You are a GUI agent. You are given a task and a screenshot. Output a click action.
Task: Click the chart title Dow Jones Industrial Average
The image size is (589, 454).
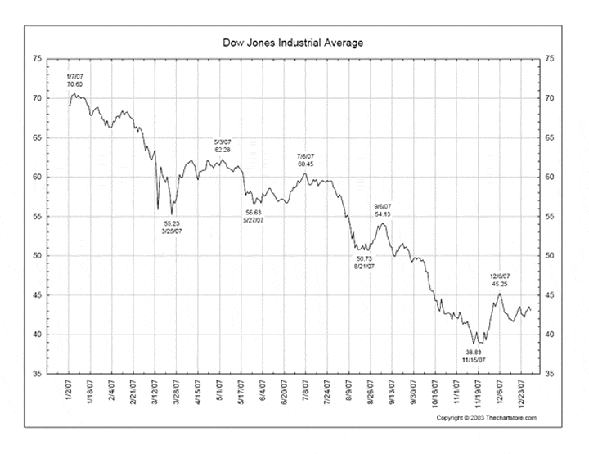point(293,41)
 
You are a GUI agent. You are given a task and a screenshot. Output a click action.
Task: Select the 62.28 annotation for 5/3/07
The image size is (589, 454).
point(223,150)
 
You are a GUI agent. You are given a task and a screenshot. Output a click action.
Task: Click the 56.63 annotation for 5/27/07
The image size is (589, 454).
point(254,212)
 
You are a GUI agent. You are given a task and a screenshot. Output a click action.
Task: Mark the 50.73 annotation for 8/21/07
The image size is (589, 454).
point(364,258)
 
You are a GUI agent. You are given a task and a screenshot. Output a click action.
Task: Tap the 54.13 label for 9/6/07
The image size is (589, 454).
point(383,214)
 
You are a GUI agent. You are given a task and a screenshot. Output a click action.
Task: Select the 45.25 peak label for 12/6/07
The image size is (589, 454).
point(500,285)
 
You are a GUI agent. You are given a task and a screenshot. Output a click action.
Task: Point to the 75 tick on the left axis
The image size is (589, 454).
point(36,59)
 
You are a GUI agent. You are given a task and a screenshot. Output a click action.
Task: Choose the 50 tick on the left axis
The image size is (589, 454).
point(36,256)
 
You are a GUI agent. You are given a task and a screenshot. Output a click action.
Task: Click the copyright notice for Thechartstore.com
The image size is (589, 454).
point(488,418)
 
